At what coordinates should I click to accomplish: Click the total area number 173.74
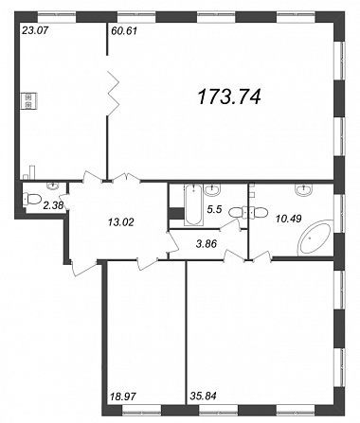coord(229,97)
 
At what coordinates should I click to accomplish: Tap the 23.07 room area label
coord(35,31)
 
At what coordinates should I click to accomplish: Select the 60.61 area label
coord(123,31)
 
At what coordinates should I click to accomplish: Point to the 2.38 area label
coord(53,205)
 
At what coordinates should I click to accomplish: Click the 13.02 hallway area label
coord(121,222)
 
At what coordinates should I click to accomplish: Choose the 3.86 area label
coord(207,243)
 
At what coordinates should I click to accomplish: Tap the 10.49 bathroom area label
coord(288,218)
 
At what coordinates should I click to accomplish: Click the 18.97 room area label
coord(123,396)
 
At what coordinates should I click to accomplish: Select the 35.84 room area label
coord(204,396)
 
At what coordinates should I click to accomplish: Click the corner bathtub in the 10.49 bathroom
coord(315,238)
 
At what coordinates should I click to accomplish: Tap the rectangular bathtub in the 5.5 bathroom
coord(193,205)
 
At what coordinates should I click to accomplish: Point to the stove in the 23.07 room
coord(29,101)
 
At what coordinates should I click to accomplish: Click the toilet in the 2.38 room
coord(32,199)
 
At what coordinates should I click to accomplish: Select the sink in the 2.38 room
coord(54,185)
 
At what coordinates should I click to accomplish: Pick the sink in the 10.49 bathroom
coord(303,188)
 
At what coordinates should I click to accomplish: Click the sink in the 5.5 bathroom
coord(211,189)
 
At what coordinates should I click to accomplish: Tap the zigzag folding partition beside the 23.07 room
coord(113,94)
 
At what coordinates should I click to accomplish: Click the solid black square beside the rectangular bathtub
coord(176,213)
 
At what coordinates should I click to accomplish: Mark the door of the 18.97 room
coord(148,263)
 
